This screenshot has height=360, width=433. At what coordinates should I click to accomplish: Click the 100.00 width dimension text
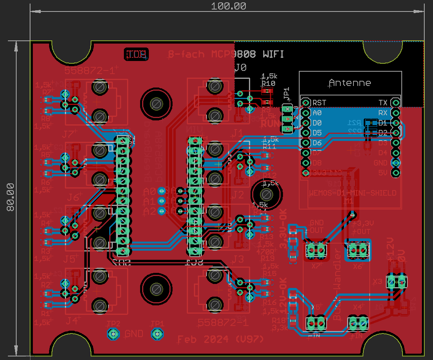228,6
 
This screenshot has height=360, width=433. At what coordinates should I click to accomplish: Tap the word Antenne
350,83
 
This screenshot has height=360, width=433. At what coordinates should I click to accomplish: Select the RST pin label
319,103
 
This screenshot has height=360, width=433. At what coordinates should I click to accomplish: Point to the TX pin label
383,103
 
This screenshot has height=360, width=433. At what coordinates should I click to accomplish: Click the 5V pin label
382,173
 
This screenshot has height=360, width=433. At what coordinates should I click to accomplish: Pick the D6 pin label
317,143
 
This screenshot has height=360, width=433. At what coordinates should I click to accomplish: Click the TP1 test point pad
157,334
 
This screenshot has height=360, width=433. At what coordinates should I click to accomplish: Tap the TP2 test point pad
114,334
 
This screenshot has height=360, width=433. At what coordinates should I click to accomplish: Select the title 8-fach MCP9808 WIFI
226,55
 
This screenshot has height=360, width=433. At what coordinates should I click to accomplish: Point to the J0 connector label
241,68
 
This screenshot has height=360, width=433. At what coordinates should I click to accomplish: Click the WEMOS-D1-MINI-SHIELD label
351,193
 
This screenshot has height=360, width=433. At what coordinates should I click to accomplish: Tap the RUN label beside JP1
270,124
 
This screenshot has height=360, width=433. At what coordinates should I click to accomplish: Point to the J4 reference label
72,320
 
